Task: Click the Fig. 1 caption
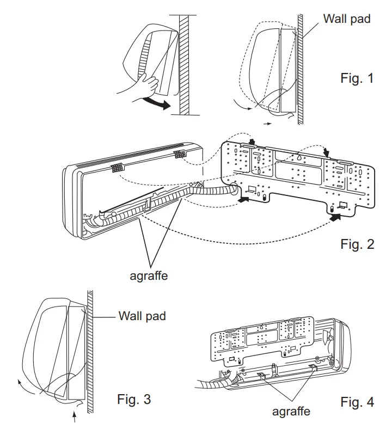coord(357,78)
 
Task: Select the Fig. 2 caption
coord(357,244)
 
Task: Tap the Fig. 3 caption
coord(134,399)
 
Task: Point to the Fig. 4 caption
coord(357,402)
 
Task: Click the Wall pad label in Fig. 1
coord(347,19)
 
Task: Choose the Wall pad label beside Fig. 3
coord(142,316)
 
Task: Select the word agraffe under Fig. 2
coord(149,275)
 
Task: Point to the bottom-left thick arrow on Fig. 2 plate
coord(244,200)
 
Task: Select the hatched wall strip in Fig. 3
coord(90,348)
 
